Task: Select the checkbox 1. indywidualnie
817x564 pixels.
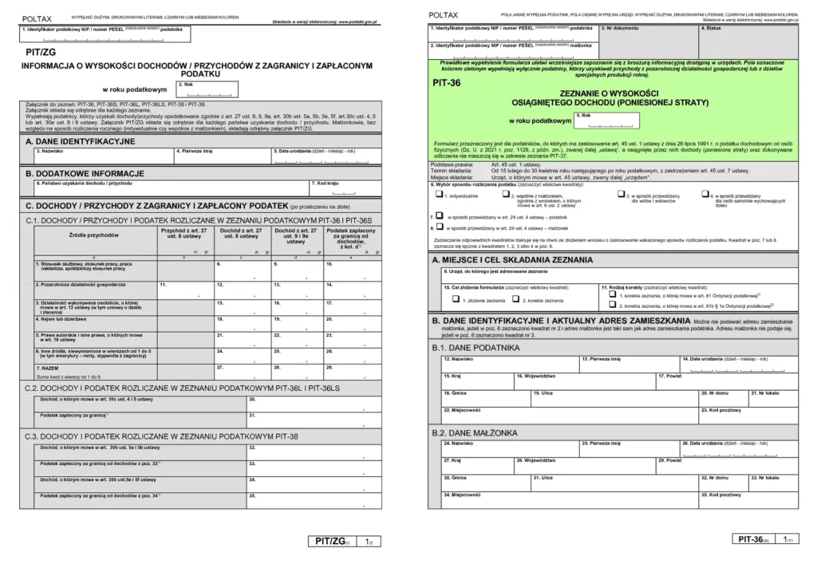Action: point(438,193)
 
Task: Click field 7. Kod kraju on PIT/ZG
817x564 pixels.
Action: point(342,188)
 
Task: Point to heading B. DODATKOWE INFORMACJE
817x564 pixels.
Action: point(85,173)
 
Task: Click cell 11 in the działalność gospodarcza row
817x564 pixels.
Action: point(184,287)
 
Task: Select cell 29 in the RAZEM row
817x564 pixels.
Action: point(350,370)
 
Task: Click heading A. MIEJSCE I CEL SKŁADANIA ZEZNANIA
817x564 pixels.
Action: point(511,260)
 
